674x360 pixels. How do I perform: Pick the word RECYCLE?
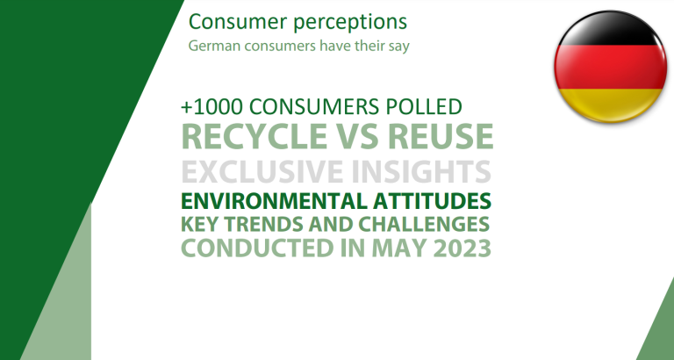click(x=252, y=136)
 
